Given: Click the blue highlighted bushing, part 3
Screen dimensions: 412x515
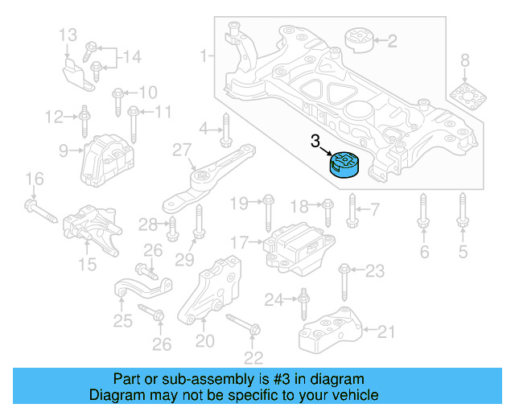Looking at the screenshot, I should coord(344,167).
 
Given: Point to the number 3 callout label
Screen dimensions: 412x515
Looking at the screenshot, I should coord(316,142).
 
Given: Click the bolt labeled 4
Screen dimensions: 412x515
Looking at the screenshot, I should coord(226,128).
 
